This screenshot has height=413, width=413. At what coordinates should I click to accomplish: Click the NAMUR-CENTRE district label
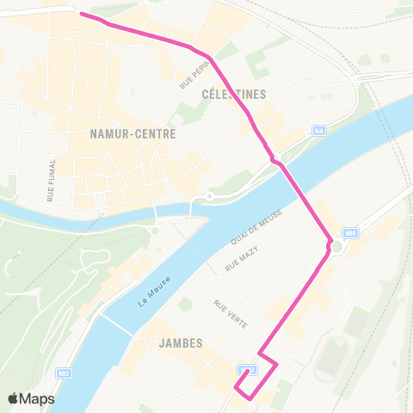pyautogui.click(x=133, y=134)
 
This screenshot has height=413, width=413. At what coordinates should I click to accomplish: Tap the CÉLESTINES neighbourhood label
pyautogui.click(x=233, y=94)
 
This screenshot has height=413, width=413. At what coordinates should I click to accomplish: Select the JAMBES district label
pyautogui.click(x=181, y=342)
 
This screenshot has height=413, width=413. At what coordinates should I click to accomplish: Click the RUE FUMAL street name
pyautogui.click(x=52, y=180)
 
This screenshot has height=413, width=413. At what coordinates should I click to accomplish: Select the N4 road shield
pyautogui.click(x=319, y=130)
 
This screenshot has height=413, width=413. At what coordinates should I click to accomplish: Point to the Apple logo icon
pyautogui.click(x=14, y=398)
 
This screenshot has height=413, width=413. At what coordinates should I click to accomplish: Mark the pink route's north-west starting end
pyautogui.click(x=82, y=14)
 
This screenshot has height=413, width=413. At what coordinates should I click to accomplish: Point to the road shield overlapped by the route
pyautogui.click(x=248, y=370)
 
